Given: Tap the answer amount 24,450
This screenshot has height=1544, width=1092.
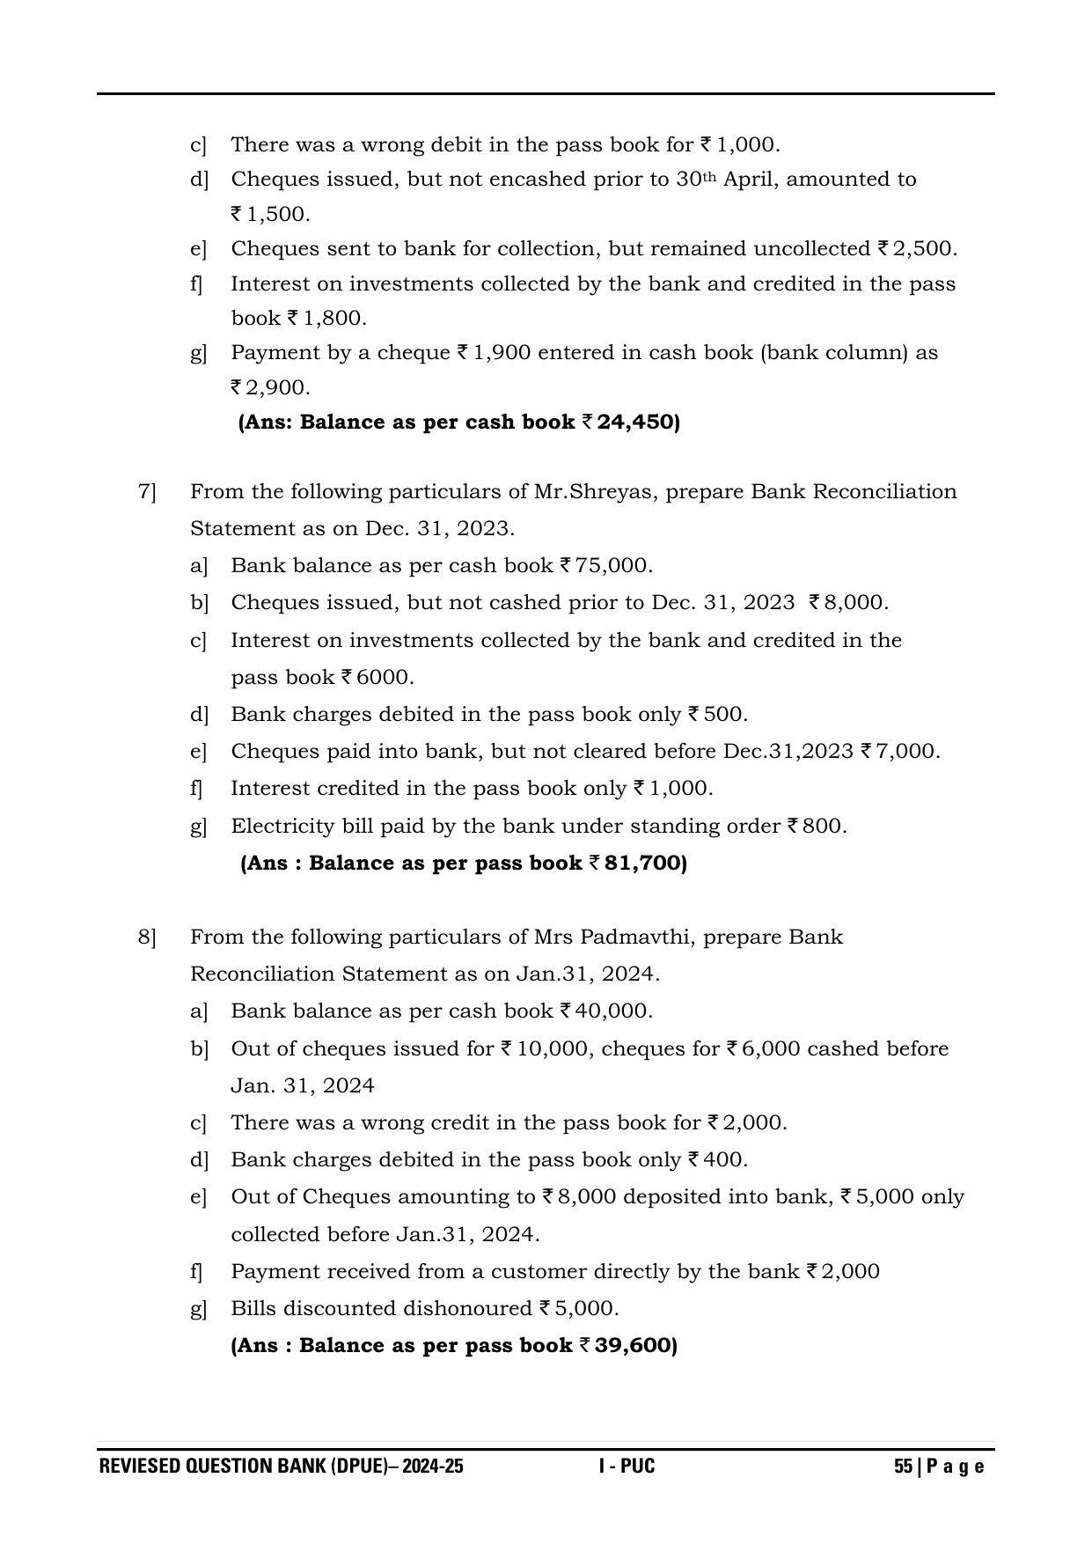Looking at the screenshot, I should [637, 423].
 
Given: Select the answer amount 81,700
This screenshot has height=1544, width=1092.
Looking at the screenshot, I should [644, 864].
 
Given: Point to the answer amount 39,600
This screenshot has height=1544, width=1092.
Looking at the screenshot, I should [634, 1346].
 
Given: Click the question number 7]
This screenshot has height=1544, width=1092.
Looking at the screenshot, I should [146, 491].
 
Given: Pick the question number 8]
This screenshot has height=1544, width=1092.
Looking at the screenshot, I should [146, 937].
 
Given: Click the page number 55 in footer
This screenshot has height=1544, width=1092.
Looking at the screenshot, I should [903, 1467].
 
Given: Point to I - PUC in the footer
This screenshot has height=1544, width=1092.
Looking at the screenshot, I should [627, 1467].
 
